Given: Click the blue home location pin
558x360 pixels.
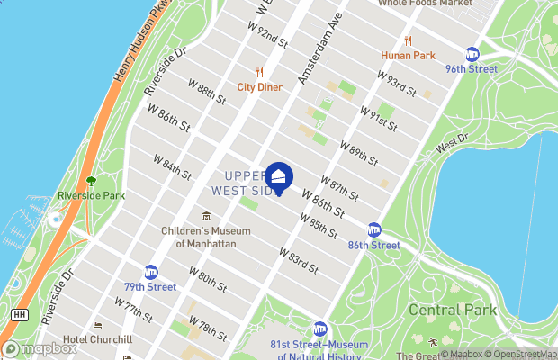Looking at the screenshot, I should click(x=279, y=177).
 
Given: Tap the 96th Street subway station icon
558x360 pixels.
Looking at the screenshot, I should click(x=472, y=54).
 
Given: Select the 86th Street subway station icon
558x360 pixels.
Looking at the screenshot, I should click(x=373, y=230).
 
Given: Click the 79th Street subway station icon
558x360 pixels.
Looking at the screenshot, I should click(x=151, y=272).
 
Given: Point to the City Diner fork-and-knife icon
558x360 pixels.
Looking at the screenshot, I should click(x=259, y=72).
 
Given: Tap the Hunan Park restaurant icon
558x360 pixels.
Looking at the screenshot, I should click(x=408, y=40).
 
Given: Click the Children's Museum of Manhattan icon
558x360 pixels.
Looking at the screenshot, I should click(x=206, y=217).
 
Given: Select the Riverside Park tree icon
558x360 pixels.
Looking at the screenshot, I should click(x=90, y=181).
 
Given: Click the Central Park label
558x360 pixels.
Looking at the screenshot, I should click(x=453, y=310).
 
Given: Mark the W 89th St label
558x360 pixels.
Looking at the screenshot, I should click(x=358, y=151).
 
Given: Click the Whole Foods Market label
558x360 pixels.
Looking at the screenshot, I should click(x=425, y=4).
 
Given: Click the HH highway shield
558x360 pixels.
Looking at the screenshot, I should click(x=18, y=314).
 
